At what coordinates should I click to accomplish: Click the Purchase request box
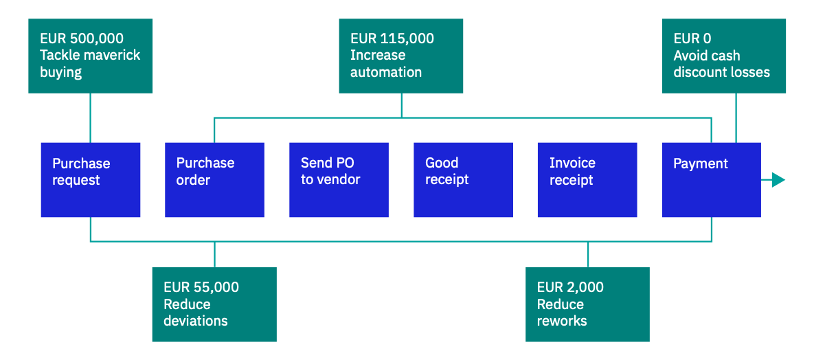90,179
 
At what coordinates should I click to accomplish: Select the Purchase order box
214,179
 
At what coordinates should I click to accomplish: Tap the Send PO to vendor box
339,179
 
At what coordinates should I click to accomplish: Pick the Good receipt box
463,179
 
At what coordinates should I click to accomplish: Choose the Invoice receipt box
587,179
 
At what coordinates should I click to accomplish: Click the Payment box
711,179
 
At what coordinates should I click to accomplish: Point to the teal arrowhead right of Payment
778,180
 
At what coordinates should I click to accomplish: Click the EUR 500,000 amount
82,38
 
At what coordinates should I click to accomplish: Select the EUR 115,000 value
392,38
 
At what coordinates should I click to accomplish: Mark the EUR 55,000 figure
201,287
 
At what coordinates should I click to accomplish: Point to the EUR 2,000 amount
570,287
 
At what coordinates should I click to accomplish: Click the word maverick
109,55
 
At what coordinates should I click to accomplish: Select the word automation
386,72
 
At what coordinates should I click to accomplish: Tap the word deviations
196,321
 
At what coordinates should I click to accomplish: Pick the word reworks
562,321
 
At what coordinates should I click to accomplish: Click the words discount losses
721,72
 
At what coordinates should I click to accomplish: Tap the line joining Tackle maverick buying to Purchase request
90,117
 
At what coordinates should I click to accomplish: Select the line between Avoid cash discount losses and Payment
736,117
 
